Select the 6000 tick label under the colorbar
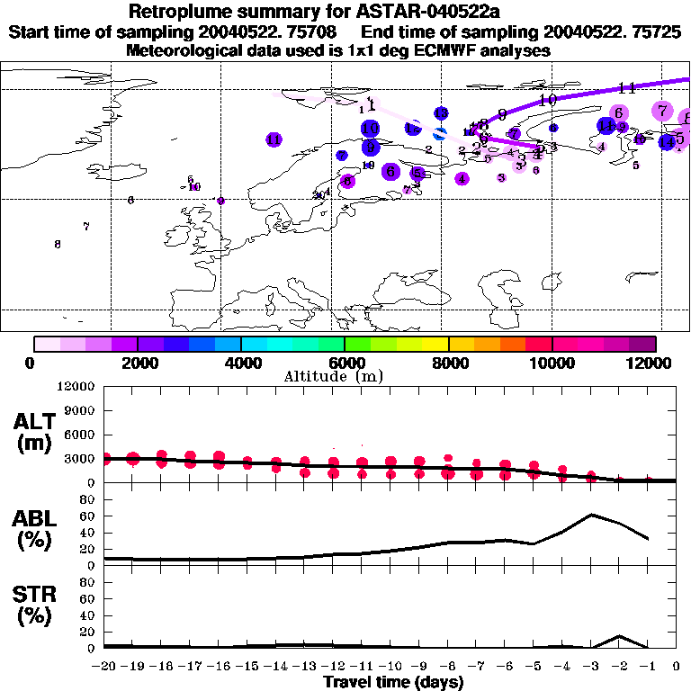click(x=345, y=363)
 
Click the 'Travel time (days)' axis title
click(x=393, y=683)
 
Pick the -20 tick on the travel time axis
click(x=104, y=667)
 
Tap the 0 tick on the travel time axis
click(x=677, y=667)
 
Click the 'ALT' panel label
click(x=33, y=422)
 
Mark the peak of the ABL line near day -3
click(x=591, y=515)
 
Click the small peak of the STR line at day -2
click(x=619, y=636)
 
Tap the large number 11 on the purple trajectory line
click(x=627, y=87)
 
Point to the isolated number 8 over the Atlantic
click(x=58, y=244)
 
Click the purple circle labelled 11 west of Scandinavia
click(x=274, y=139)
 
